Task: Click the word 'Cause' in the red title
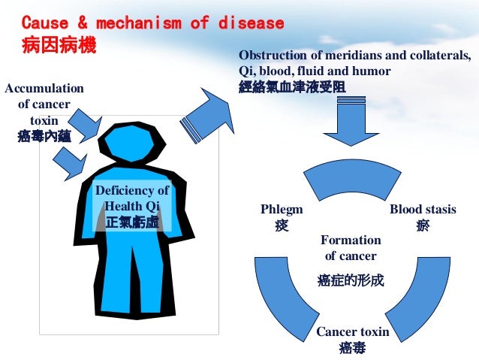[42, 23]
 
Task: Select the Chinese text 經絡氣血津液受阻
[292, 86]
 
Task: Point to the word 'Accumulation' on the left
[44, 89]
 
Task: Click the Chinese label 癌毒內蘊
[44, 136]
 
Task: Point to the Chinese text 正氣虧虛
[132, 222]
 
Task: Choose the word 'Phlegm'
[282, 209]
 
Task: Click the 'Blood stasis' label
[423, 209]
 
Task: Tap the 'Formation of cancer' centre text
[351, 248]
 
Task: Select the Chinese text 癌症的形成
[351, 280]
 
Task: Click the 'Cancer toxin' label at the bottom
[352, 331]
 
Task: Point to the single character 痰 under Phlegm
[282, 225]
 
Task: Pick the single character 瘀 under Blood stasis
[423, 225]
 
